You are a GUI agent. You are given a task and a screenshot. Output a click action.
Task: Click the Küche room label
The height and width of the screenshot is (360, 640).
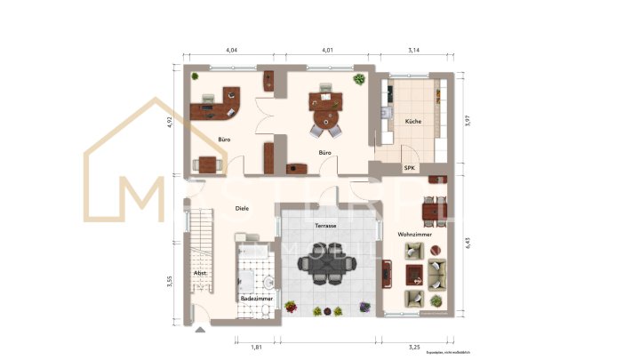pyautogui.click(x=412, y=121)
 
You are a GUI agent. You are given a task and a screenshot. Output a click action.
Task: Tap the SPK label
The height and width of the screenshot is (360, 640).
pyautogui.click(x=410, y=168)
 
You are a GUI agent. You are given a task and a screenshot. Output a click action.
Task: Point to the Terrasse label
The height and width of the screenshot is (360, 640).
pyautogui.click(x=325, y=226)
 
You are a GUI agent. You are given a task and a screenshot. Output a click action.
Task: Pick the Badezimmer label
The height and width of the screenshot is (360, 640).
pyautogui.click(x=256, y=300)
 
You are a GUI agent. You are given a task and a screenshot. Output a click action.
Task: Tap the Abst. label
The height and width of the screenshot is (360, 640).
pyautogui.click(x=200, y=273)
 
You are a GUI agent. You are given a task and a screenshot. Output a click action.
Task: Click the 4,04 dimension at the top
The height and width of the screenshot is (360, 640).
pyautogui.click(x=231, y=51)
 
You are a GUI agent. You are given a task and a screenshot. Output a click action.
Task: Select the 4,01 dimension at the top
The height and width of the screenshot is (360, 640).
pyautogui.click(x=327, y=51)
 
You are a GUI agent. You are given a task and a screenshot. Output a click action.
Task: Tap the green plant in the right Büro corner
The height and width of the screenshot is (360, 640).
pyautogui.click(x=358, y=79)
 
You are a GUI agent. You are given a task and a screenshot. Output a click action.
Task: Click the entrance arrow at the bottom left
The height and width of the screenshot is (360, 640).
pyautogui.click(x=198, y=331)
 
